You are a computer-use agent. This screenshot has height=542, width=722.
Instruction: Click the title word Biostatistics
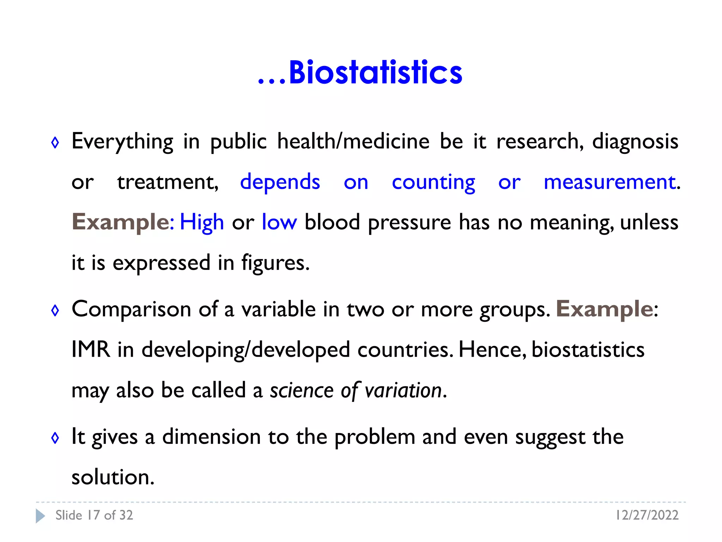pyautogui.click(x=375, y=73)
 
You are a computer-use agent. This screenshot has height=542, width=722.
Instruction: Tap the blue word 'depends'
pyautogui.click(x=280, y=182)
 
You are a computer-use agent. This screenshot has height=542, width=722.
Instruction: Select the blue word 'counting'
pyautogui.click(x=433, y=182)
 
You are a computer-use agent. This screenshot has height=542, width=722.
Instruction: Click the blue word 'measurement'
pyautogui.click(x=610, y=182)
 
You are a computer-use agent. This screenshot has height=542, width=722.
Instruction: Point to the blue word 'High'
pyautogui.click(x=202, y=223)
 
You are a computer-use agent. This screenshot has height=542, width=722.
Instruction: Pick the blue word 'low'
pyautogui.click(x=279, y=223)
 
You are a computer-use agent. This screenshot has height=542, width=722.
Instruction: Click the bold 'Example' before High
pyautogui.click(x=121, y=223)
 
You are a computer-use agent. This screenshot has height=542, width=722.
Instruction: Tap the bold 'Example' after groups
pyautogui.click(x=605, y=309)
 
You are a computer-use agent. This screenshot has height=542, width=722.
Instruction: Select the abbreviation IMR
pyautogui.click(x=91, y=350)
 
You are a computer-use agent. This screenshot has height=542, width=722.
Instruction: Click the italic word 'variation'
pyautogui.click(x=403, y=391)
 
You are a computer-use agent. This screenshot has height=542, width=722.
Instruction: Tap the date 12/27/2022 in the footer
pyautogui.click(x=647, y=516)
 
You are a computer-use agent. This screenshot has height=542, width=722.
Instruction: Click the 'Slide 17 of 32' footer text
pyautogui.click(x=94, y=516)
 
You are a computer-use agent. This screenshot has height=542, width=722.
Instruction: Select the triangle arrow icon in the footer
pyautogui.click(x=40, y=516)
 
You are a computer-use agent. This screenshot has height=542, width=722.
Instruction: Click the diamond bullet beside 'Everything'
pyautogui.click(x=55, y=143)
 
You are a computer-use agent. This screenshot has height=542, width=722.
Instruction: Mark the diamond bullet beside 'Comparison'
pyautogui.click(x=55, y=311)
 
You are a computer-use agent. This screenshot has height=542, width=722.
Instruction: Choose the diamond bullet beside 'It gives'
pyautogui.click(x=55, y=438)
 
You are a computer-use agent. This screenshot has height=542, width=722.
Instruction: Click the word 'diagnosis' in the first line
pyautogui.click(x=635, y=142)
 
